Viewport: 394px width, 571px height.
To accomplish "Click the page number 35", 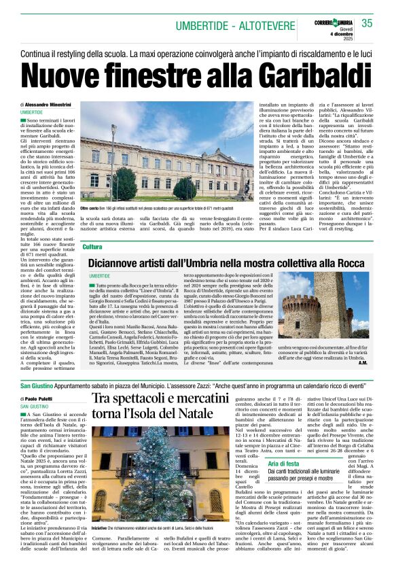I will coord(367,24).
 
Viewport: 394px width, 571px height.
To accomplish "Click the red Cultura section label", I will coord(92,247).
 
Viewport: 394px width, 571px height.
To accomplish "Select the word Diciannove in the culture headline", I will coord(122,262).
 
